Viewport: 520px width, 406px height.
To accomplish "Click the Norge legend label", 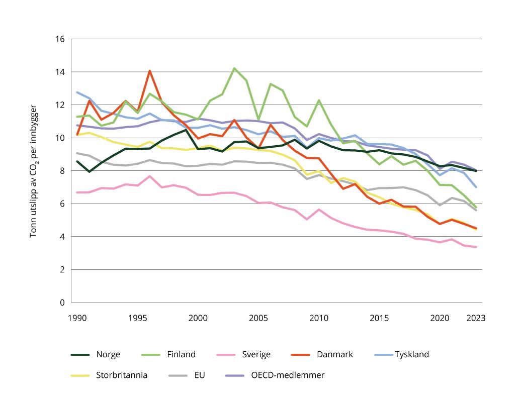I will (x=108, y=355).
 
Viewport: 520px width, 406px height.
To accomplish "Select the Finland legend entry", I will (x=181, y=355).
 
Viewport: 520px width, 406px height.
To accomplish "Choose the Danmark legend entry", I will (x=334, y=355).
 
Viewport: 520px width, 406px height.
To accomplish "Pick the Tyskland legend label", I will (x=411, y=355).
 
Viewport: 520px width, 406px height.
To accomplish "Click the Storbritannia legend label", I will (x=121, y=375).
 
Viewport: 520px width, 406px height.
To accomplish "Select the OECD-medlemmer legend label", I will (x=288, y=375).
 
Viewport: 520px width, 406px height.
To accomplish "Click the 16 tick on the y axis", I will (x=60, y=39).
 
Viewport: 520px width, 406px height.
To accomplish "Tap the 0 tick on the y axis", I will (x=62, y=302).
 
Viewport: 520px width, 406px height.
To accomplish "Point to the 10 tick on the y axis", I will (x=60, y=138).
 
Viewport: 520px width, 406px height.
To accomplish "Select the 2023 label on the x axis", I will (x=476, y=318).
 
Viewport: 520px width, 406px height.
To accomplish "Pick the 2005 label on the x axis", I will (x=258, y=318).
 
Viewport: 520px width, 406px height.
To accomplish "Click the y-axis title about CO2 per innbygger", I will (x=34, y=171).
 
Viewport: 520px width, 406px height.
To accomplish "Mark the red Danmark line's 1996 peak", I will (x=149, y=71).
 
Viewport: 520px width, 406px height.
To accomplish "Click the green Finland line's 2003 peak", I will (x=234, y=68).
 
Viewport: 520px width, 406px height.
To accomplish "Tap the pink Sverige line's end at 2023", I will (x=476, y=247).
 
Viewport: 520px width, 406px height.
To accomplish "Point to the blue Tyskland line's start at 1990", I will (x=77, y=92).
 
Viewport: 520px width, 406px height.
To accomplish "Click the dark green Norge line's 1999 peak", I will (x=186, y=130).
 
